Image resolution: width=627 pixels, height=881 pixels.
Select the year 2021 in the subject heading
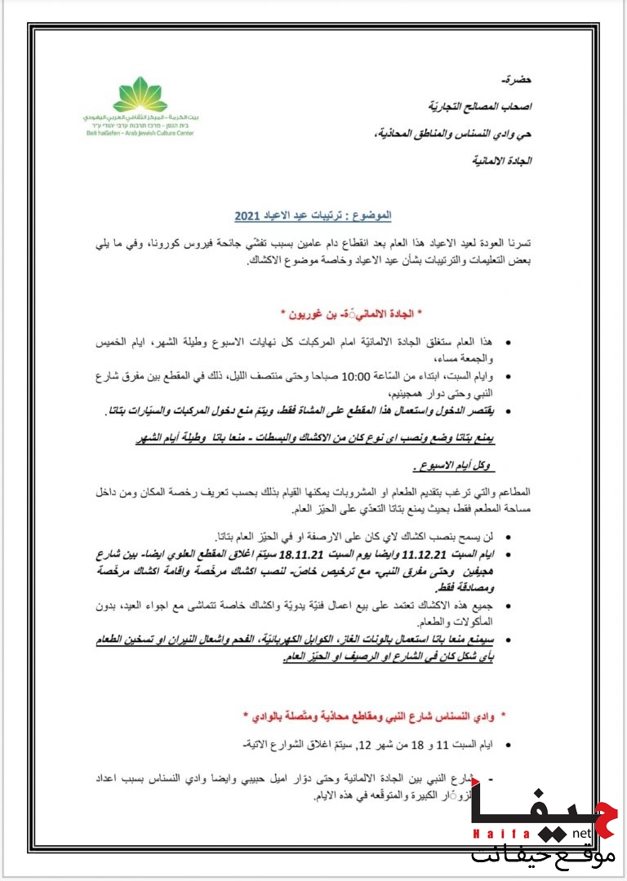pos(247,217)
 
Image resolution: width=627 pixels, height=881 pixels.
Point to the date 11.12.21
pos(452,555)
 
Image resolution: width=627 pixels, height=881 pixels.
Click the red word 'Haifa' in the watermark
pos(492,833)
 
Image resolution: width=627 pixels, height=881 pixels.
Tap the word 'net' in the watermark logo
pos(580,833)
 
